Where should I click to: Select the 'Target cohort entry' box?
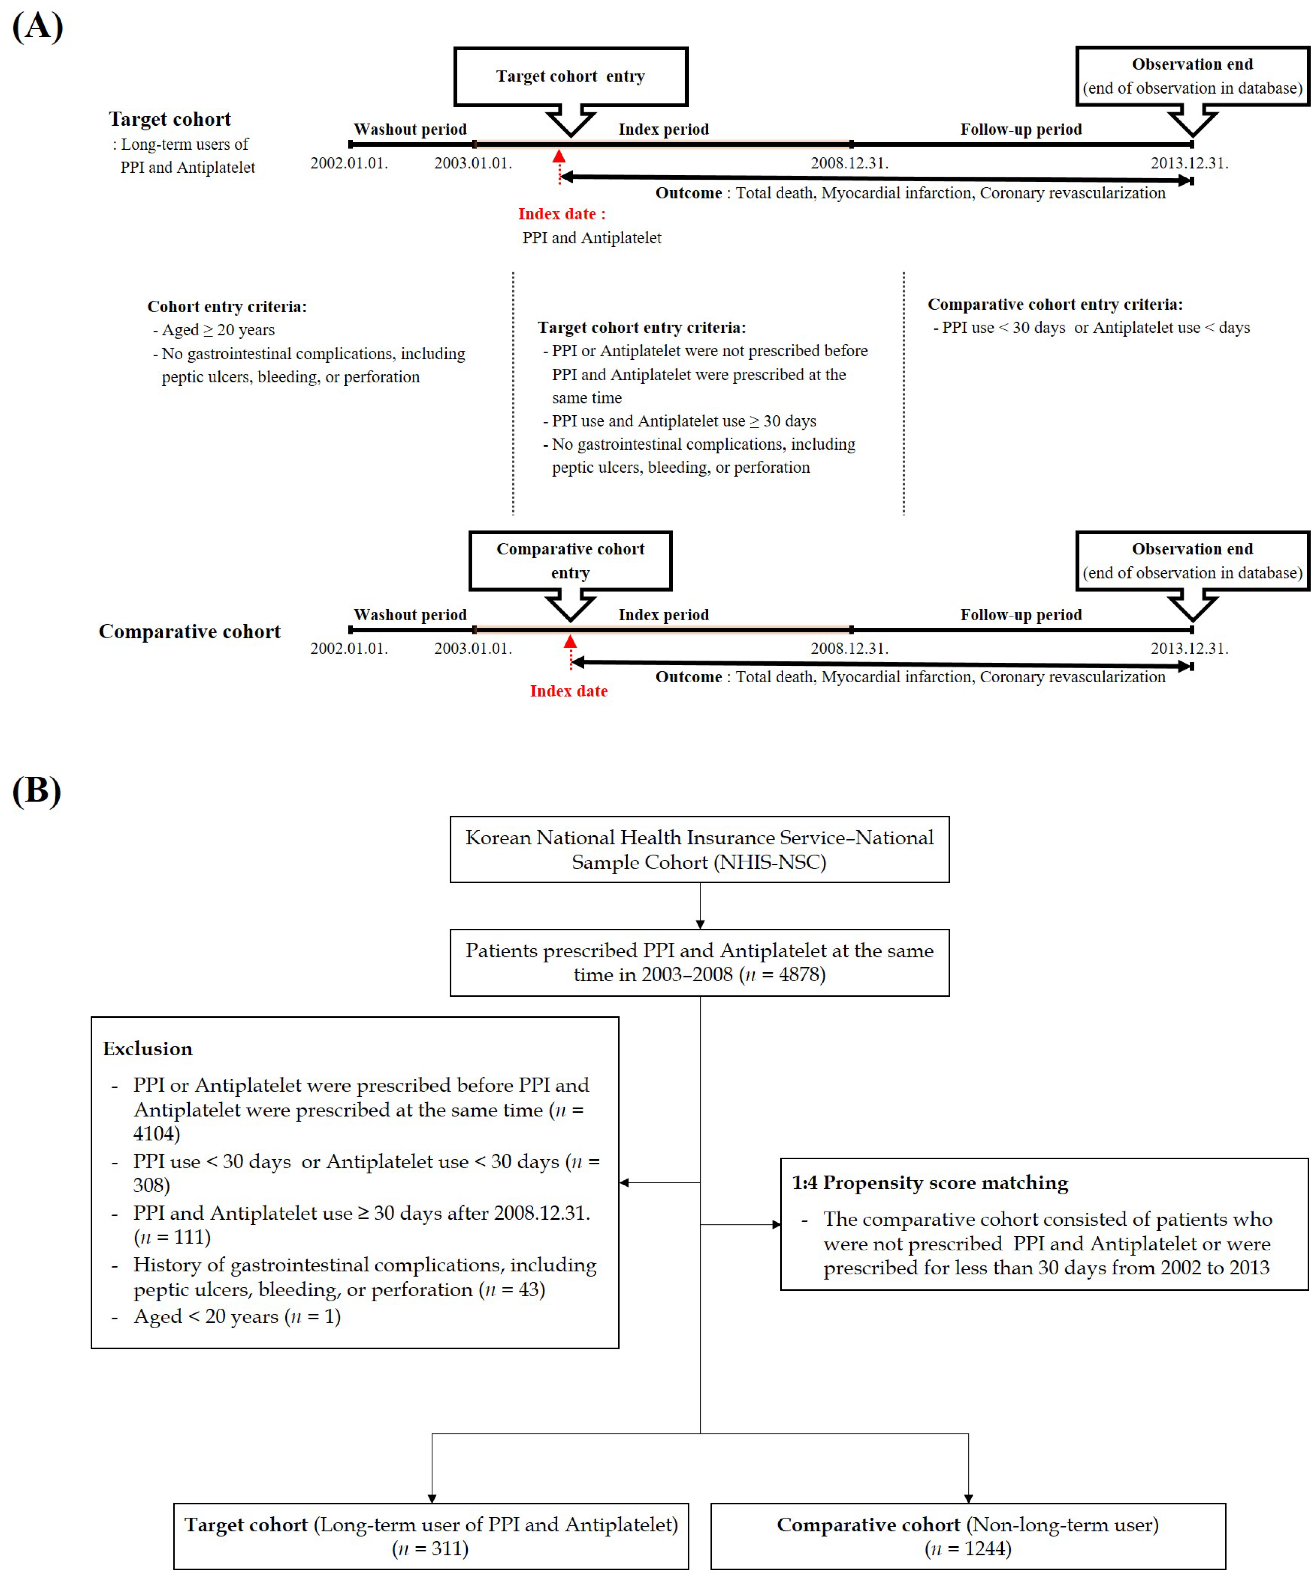coord(570,77)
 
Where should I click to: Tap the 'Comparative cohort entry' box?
coord(570,561)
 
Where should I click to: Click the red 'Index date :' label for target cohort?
coord(561,214)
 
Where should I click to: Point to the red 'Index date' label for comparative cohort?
coord(569,691)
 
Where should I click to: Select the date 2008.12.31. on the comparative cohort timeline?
coord(849,649)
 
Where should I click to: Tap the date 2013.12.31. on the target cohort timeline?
coord(1189,163)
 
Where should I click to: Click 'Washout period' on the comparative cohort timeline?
coord(410,615)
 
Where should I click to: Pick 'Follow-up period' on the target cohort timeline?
coord(1021,129)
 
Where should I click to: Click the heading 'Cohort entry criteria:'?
coord(227,306)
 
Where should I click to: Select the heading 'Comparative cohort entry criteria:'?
coord(1055,304)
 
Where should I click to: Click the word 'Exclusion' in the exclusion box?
coord(148,1049)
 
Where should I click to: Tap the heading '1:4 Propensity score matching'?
coord(930,1183)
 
